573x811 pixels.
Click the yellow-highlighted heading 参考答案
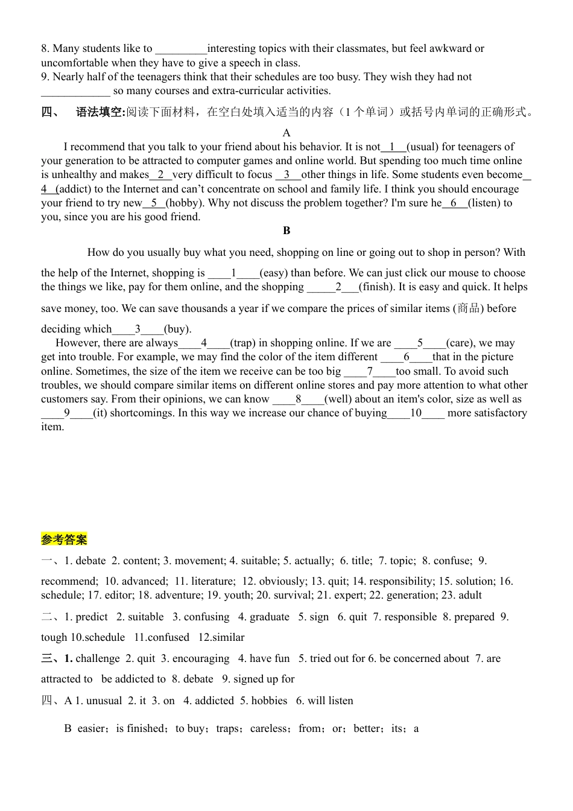[64, 539]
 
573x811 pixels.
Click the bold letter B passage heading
[286, 231]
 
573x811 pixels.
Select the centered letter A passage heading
[286, 133]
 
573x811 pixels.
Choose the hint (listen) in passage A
[484, 203]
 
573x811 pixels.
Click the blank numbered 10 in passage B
[416, 413]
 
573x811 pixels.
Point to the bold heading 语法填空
[100, 112]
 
